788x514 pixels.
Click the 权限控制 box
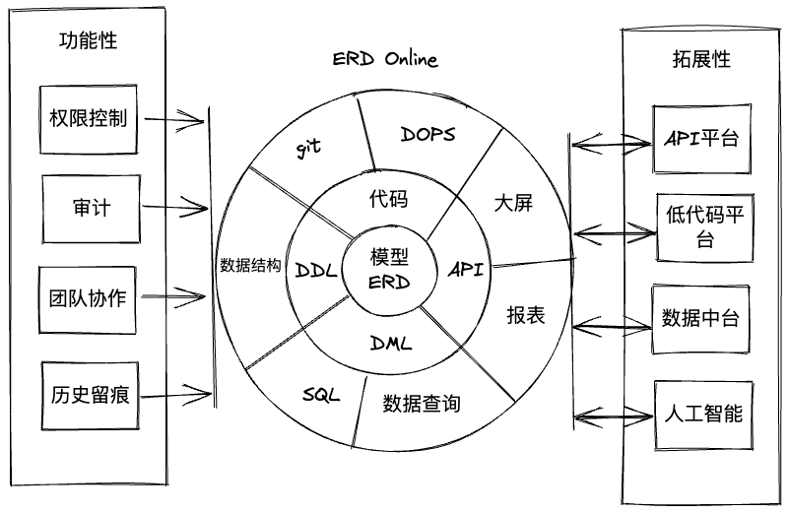(x=89, y=119)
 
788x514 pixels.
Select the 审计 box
(x=91, y=209)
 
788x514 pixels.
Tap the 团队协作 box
(x=88, y=300)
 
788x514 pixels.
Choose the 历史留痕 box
(x=90, y=396)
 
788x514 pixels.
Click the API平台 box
(x=702, y=139)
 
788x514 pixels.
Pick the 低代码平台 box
(x=705, y=227)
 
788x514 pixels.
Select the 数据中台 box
(x=701, y=320)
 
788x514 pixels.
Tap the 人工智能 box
(x=703, y=415)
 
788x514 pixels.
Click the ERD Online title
(x=385, y=59)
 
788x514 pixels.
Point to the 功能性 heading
(x=88, y=40)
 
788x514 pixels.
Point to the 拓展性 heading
(x=701, y=59)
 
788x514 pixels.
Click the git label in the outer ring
(x=307, y=148)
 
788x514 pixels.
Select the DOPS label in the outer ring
(x=427, y=134)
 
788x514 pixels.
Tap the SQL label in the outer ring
(x=321, y=395)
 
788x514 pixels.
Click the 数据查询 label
(x=422, y=404)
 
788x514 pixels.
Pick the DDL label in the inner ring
(x=316, y=271)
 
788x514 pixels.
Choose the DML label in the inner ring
(x=391, y=344)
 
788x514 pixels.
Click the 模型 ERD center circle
(x=389, y=270)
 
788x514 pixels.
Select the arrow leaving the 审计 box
(x=174, y=207)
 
